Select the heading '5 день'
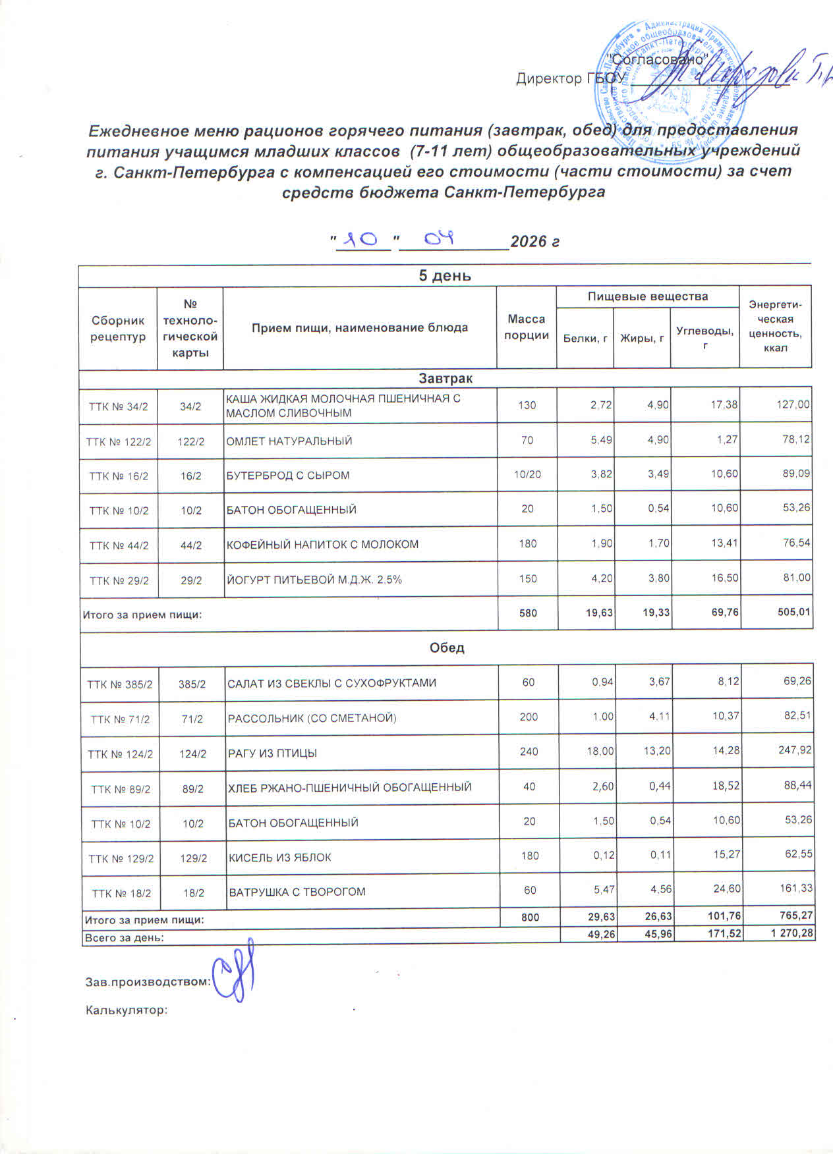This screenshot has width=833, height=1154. click(x=445, y=276)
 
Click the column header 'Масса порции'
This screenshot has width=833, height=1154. click(x=526, y=327)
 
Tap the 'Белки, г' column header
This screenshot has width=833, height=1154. click(x=585, y=339)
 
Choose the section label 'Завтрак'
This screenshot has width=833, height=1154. click(x=445, y=379)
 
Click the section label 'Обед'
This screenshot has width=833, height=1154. click(x=447, y=647)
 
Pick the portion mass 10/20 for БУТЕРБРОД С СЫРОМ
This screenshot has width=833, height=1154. click(x=527, y=475)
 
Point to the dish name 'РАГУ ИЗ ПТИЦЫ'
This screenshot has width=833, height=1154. click(x=272, y=753)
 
